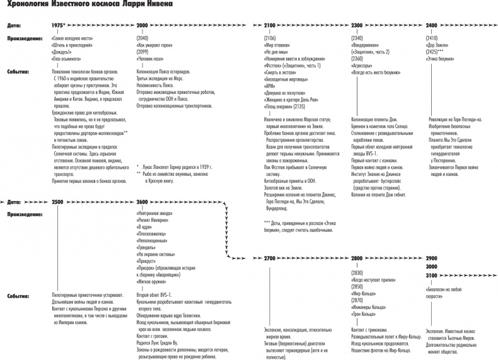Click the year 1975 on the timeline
[58, 25]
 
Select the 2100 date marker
[270, 25]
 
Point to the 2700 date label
[270, 259]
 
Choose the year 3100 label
[432, 276]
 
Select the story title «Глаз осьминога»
[69, 58]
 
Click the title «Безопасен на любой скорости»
[445, 289]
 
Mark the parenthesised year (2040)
[143, 38]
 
